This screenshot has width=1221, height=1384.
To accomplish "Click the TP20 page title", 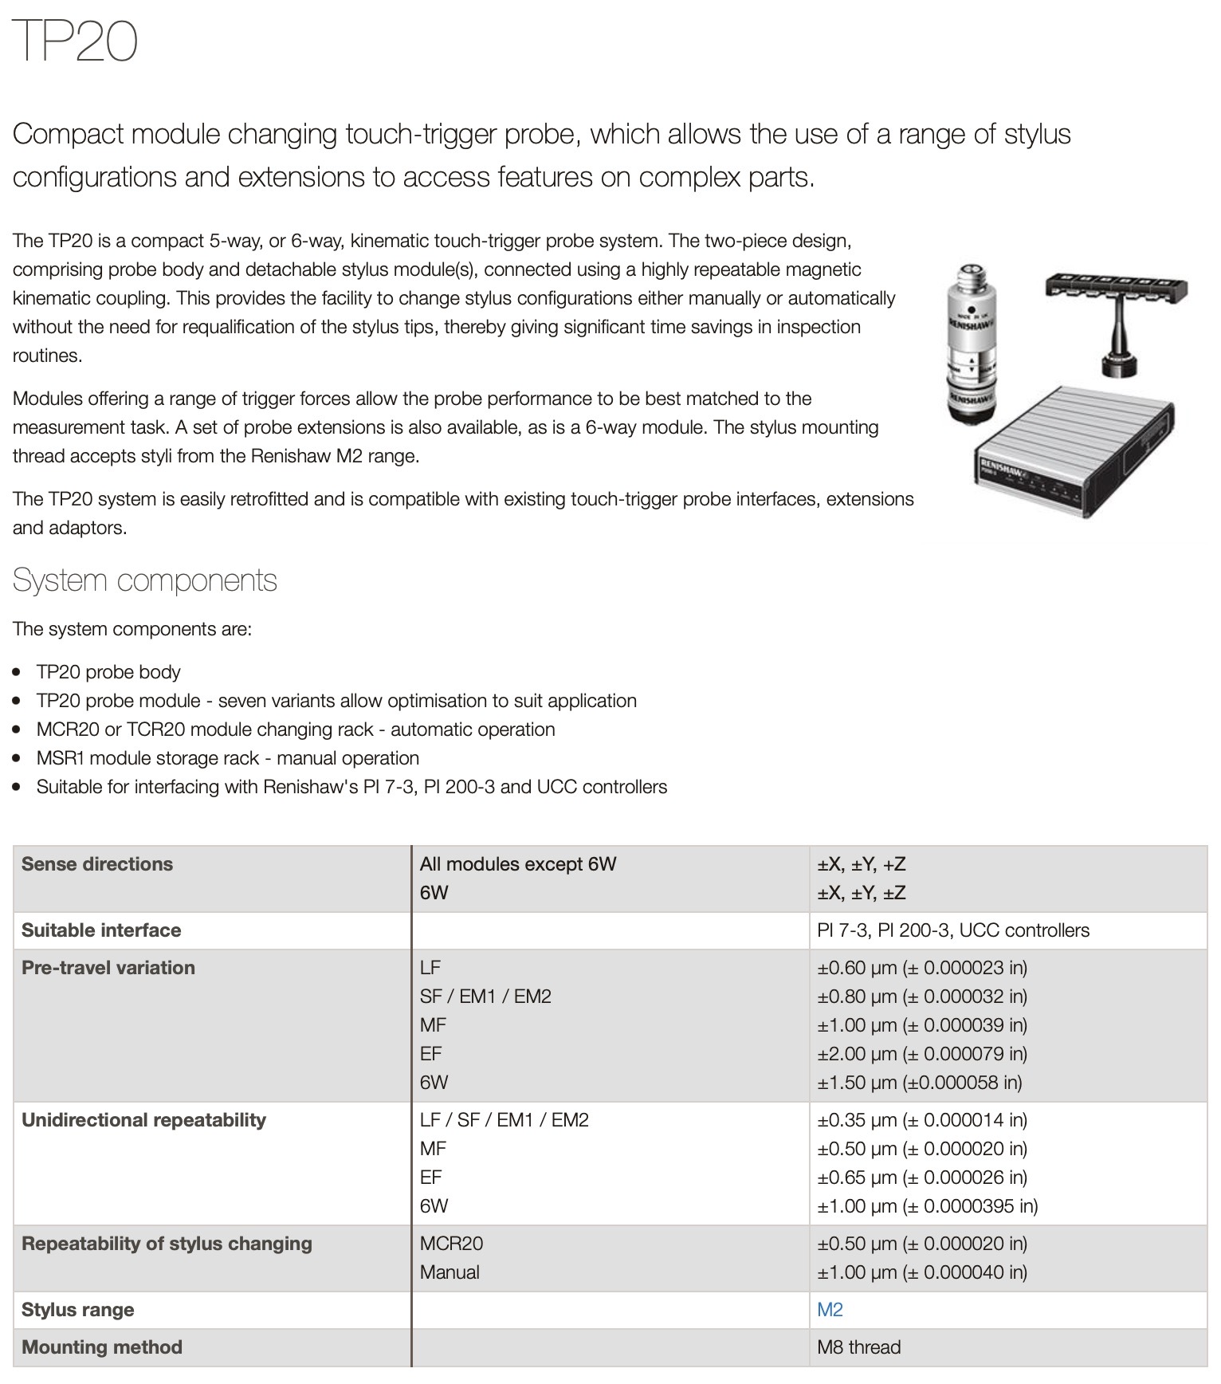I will pyautogui.click(x=76, y=41).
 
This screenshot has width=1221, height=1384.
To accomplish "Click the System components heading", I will pyautogui.click(x=144, y=580).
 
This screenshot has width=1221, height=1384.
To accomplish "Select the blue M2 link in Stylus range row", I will pyautogui.click(x=830, y=1310).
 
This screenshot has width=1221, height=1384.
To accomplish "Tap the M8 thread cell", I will pyautogui.click(x=858, y=1347).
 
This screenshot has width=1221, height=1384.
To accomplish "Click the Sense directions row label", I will pyautogui.click(x=97, y=864).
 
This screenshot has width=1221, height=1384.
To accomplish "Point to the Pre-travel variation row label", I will pyautogui.click(x=108, y=968).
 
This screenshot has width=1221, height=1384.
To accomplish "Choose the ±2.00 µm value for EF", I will pyautogui.click(x=921, y=1054).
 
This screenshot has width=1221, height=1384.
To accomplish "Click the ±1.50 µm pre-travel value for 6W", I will pyautogui.click(x=919, y=1083).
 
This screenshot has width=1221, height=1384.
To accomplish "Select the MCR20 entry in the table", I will pyautogui.click(x=451, y=1244).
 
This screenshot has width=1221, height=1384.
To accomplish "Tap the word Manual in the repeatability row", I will pyautogui.click(x=450, y=1272).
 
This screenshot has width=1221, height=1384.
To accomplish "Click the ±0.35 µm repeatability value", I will pyautogui.click(x=921, y=1120).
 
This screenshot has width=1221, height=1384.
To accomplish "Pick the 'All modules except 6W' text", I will pyautogui.click(x=518, y=864).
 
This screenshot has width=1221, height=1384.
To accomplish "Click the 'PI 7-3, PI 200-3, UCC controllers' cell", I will pyautogui.click(x=952, y=930).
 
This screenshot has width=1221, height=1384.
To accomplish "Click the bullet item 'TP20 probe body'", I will pyautogui.click(x=108, y=672).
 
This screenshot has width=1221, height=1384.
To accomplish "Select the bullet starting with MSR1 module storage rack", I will pyautogui.click(x=227, y=758).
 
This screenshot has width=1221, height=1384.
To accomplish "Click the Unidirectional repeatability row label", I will pyautogui.click(x=143, y=1120).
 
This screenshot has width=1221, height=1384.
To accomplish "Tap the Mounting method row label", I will pyautogui.click(x=102, y=1347).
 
